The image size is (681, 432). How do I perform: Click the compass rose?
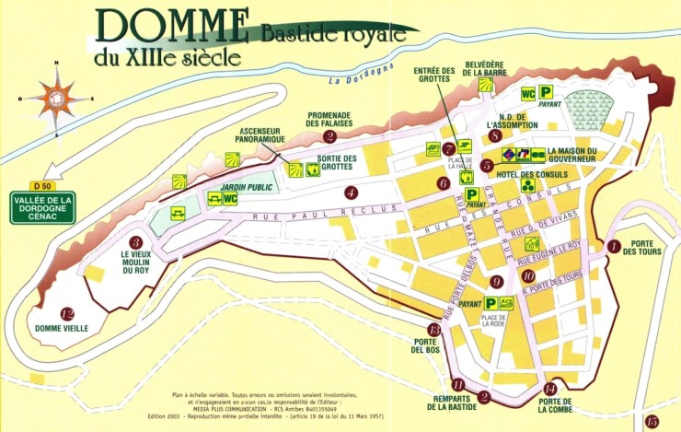[x=58, y=98]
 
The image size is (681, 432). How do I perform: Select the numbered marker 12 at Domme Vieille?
[x=66, y=312]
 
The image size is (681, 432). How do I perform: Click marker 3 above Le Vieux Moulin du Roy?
[x=135, y=241]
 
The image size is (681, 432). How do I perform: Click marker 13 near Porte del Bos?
[x=434, y=329]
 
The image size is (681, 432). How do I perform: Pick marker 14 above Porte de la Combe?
[x=550, y=388]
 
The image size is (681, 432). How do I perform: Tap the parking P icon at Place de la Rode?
[x=491, y=302]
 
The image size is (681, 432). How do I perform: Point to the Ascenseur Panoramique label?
[x=260, y=136]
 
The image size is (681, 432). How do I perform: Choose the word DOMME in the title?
[x=170, y=25]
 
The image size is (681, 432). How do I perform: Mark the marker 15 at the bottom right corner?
[x=652, y=421]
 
